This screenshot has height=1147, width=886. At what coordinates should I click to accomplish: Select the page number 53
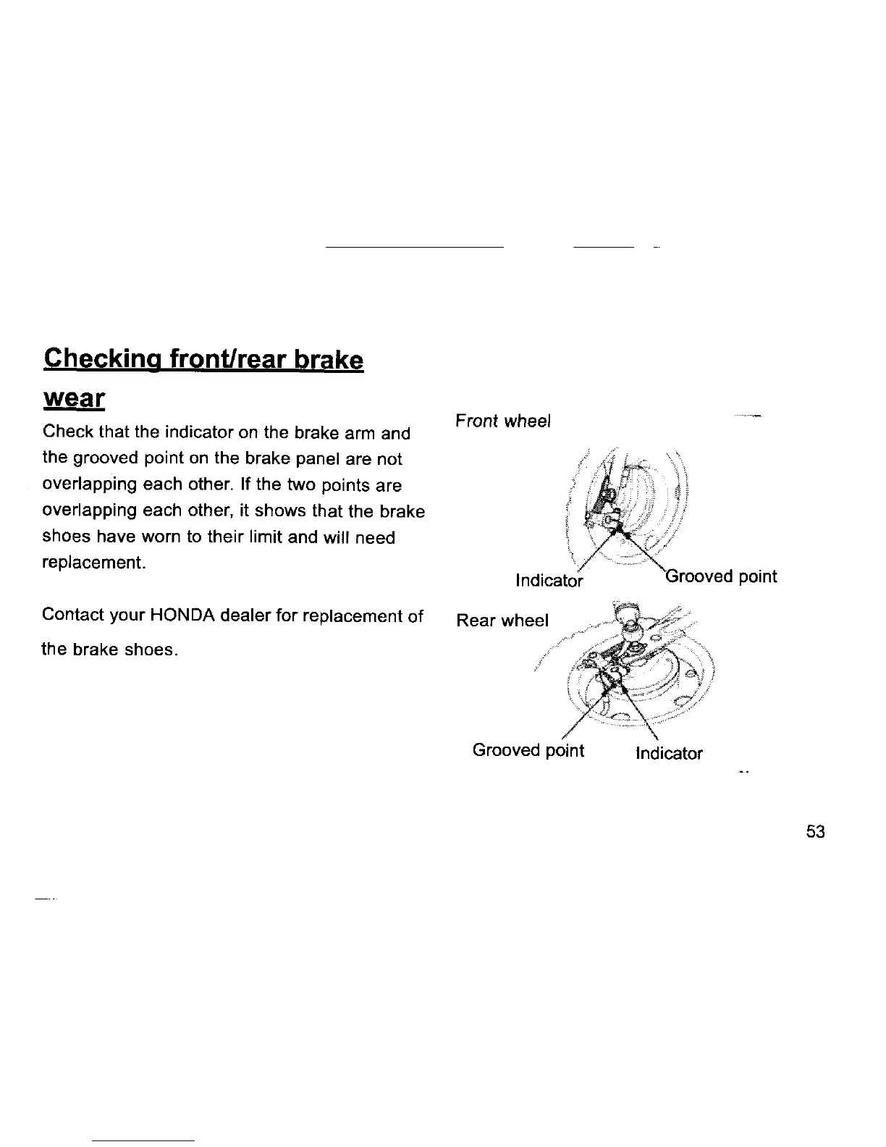[x=815, y=832]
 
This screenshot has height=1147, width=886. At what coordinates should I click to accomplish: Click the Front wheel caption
[x=503, y=421]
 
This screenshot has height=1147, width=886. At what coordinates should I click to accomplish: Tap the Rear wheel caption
[x=502, y=621]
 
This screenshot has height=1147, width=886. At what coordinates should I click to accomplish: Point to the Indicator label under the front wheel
[x=549, y=581]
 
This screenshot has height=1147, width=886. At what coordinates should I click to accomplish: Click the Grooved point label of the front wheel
[x=721, y=577]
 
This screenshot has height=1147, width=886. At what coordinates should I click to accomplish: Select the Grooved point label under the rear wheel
[x=528, y=750]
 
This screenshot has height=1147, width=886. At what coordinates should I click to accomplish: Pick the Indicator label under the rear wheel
[x=669, y=754]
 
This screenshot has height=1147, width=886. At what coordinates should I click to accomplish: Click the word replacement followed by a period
[x=94, y=563]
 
